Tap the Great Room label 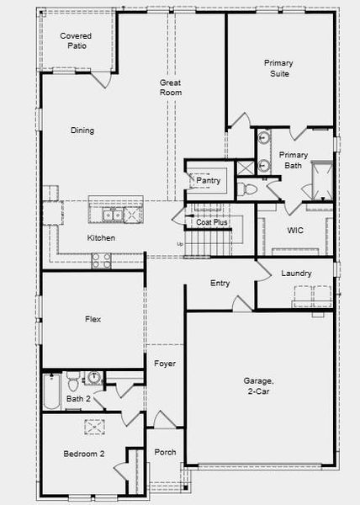(x=172, y=88)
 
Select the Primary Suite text (x=278, y=68)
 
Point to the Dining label (x=82, y=130)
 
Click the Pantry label (x=209, y=180)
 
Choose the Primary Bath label (x=294, y=160)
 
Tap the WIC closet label (x=295, y=230)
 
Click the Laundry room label (x=297, y=274)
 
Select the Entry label (x=220, y=284)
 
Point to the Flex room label (x=93, y=319)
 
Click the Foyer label (x=165, y=364)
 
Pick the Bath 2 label (x=78, y=399)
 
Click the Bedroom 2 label (x=84, y=454)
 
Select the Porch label (x=166, y=453)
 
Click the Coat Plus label (x=212, y=223)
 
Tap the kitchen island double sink (x=116, y=215)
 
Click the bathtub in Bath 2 (x=51, y=391)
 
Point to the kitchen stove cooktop (x=101, y=261)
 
